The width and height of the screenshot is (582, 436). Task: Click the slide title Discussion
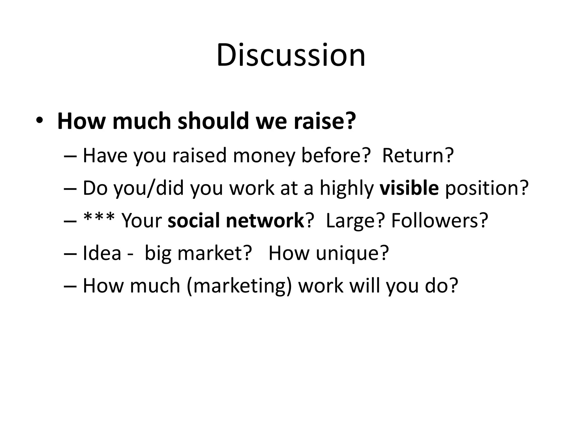[291, 55]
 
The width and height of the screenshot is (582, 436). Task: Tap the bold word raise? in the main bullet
[325, 121]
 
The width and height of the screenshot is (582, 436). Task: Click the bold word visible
[409, 188]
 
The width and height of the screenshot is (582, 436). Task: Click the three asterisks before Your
[99, 219]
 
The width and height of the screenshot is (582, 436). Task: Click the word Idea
[102, 253]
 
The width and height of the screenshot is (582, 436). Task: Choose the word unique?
[352, 253]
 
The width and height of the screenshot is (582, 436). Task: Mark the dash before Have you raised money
[71, 156]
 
